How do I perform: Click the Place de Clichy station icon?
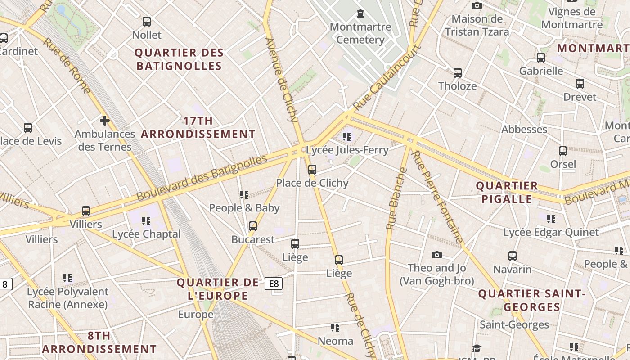(x=312, y=170)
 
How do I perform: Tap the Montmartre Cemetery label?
(x=360, y=33)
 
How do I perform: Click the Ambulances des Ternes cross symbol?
(x=104, y=121)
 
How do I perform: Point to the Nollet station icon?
(x=146, y=21)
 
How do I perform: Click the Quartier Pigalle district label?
(x=507, y=192)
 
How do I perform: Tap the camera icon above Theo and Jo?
(x=436, y=255)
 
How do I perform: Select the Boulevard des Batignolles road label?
(x=202, y=178)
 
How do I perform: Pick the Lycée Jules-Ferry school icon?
(x=346, y=136)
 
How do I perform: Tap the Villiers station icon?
(x=85, y=211)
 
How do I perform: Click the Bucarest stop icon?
(x=253, y=226)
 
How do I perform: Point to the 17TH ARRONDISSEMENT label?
(x=198, y=127)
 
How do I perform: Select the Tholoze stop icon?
(x=457, y=72)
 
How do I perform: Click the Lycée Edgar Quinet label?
(x=551, y=233)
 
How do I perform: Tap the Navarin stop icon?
(x=512, y=256)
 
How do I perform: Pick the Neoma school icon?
(x=335, y=328)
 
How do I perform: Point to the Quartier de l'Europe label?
(x=218, y=289)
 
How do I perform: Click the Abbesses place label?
(x=524, y=130)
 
